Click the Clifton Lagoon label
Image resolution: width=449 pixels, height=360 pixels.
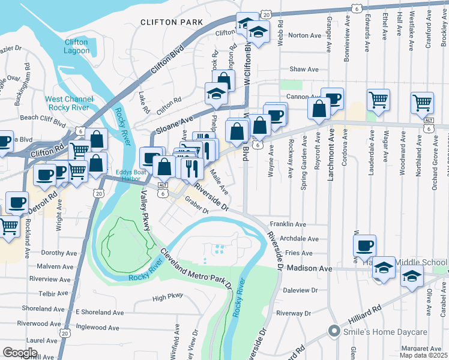(76, 47)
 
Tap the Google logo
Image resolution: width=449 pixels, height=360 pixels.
(19, 352)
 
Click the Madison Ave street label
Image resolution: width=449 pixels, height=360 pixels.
(309, 269)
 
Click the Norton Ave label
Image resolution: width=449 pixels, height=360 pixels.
(305, 35)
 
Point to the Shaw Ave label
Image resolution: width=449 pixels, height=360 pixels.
(304, 70)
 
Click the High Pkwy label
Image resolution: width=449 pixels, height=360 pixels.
(167, 297)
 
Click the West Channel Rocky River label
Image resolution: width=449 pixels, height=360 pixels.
(69, 103)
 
